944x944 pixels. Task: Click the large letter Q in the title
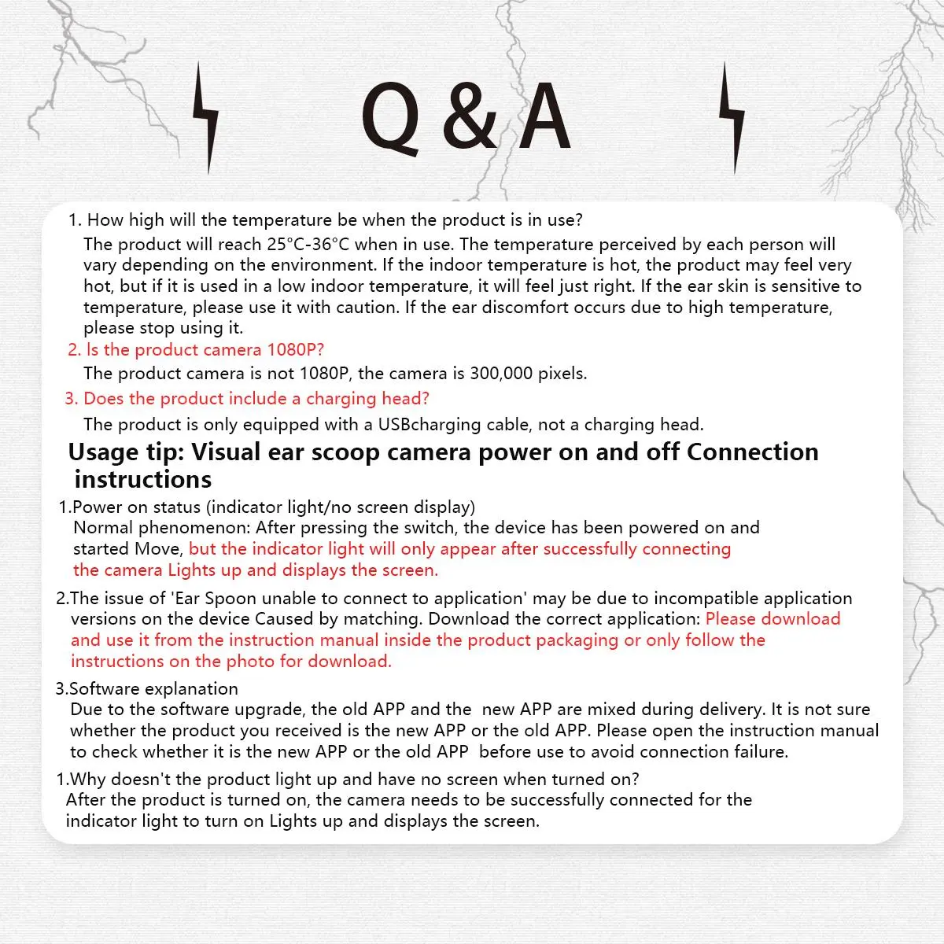point(390,118)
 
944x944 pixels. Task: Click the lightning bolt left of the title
point(206,118)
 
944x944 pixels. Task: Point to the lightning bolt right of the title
point(732,118)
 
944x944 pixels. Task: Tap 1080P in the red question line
point(295,349)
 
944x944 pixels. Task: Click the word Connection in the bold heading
point(752,452)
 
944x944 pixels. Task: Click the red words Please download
point(773,619)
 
